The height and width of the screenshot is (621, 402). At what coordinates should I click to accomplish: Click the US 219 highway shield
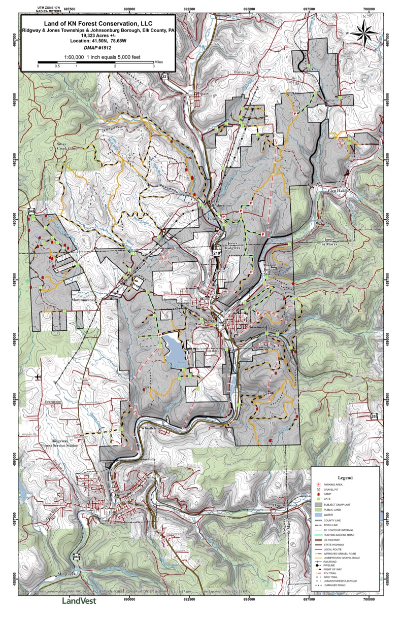[217, 252]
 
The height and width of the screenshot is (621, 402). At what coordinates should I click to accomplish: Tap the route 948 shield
[32, 211]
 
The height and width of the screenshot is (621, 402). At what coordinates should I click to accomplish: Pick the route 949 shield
[77, 556]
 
